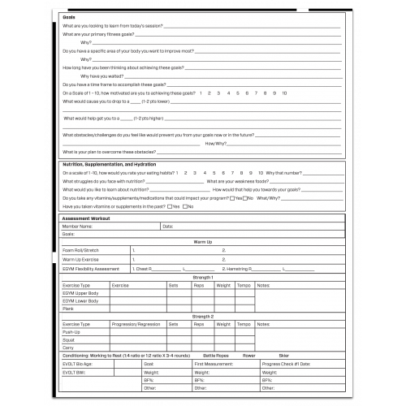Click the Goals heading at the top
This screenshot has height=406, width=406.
(x=70, y=15)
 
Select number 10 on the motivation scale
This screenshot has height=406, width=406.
(x=283, y=93)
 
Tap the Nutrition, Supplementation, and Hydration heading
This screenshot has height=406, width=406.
(x=110, y=163)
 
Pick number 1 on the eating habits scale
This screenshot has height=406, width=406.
(x=176, y=173)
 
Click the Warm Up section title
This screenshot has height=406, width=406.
(x=202, y=242)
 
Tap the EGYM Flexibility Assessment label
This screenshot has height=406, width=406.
(x=91, y=268)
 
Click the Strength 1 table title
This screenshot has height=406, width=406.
(x=202, y=277)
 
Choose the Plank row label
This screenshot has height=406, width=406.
(x=69, y=309)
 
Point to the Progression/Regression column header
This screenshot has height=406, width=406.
(x=136, y=324)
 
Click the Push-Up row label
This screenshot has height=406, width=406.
(x=71, y=331)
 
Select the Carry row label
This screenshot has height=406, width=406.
(x=69, y=347)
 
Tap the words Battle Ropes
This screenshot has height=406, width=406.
(x=217, y=356)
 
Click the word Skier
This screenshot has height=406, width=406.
(x=283, y=356)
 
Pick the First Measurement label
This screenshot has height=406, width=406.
(x=214, y=364)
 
